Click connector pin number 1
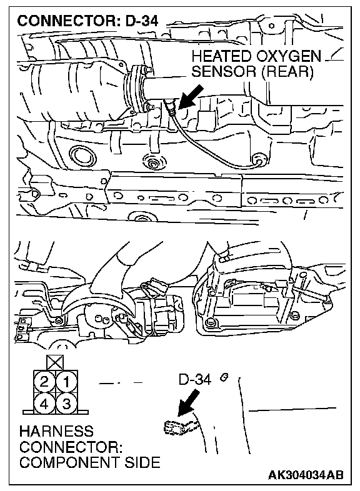click(x=66, y=382)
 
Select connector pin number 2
click(x=44, y=382)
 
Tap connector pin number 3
click(x=66, y=404)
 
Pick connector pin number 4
click(x=44, y=404)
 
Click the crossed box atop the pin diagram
click(x=55, y=363)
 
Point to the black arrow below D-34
click(x=188, y=403)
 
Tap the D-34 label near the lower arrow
click(x=195, y=380)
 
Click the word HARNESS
click(x=56, y=431)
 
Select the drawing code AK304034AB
click(x=306, y=475)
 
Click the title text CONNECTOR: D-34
click(x=87, y=21)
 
